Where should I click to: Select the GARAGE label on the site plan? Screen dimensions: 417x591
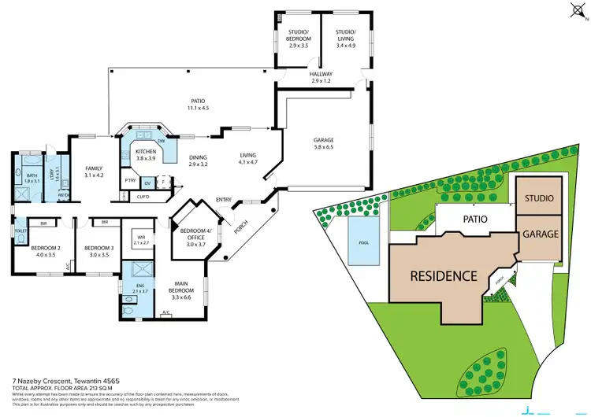coord(539,234)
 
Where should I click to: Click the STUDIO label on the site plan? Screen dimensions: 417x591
coord(539,198)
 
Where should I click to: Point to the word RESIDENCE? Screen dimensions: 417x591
coord(444,276)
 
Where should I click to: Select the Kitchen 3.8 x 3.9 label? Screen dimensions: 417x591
coord(146,155)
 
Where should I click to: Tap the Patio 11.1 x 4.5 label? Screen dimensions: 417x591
coord(199,105)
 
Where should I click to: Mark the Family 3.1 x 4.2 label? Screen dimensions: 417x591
coord(95,172)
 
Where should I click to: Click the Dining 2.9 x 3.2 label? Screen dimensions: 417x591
coord(198,161)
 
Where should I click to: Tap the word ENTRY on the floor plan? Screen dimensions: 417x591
coord(223,200)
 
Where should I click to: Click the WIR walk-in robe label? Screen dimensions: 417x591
coord(141,240)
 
